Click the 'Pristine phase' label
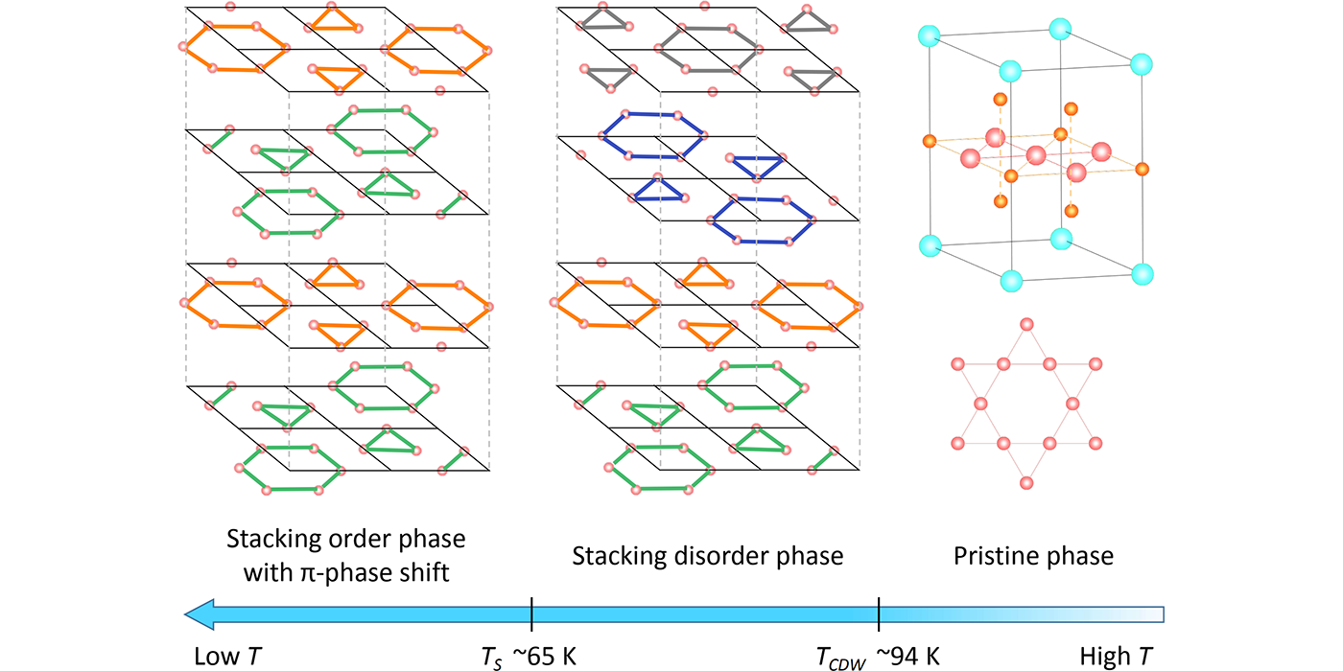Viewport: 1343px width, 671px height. click(1033, 556)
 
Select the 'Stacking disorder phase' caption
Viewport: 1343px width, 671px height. click(707, 556)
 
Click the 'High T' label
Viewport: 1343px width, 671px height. click(1116, 657)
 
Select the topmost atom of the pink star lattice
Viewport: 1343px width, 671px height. click(1026, 325)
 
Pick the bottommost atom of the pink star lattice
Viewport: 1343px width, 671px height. click(1026, 482)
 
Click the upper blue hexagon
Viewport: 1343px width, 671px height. click(652, 134)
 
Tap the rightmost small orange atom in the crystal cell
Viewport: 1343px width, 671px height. click(1142, 170)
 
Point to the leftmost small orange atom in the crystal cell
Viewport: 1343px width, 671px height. click(929, 142)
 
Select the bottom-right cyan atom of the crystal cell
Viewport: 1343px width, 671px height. click(1142, 273)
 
